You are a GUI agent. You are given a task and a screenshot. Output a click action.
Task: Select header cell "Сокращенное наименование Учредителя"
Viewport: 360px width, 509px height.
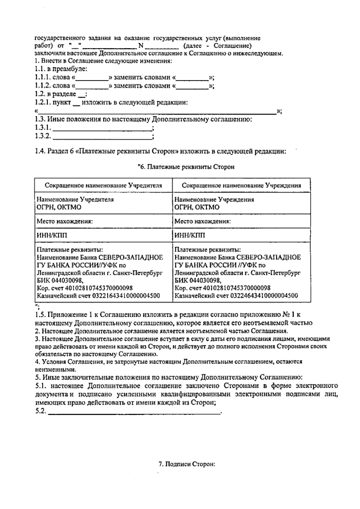pyautogui.click(x=103, y=185)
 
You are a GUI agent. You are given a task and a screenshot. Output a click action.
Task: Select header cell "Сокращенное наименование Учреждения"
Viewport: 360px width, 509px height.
pyautogui.click(x=241, y=185)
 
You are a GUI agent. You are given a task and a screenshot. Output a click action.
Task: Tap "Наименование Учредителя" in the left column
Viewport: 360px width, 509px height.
pyautogui.click(x=75, y=199)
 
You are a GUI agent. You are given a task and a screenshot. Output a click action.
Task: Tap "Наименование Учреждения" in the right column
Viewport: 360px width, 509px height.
pyautogui.click(x=214, y=199)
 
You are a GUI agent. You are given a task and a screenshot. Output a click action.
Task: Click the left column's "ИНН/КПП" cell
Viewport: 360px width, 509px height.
pyautogui.click(x=52, y=235)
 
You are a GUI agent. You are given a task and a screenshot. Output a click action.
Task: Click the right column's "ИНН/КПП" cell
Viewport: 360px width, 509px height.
pyautogui.click(x=190, y=235)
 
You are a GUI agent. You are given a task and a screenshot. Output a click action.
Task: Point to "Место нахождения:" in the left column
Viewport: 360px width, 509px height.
pyautogui.click(x=64, y=222)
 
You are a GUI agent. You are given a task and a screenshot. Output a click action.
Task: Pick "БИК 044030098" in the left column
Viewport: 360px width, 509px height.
pyautogui.click(x=59, y=280)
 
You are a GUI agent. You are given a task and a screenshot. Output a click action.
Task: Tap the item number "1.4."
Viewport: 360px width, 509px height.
pyautogui.click(x=40, y=151)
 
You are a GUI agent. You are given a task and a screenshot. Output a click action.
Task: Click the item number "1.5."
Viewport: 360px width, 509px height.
pyautogui.click(x=40, y=315)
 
